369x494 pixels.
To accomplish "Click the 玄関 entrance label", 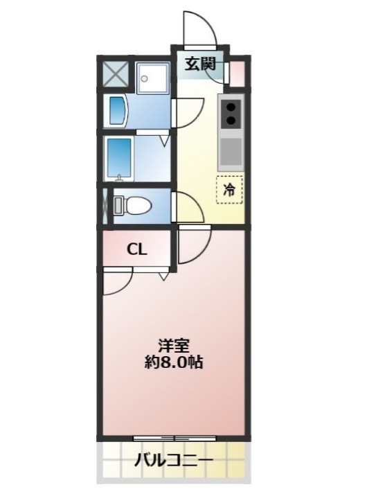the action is (x=200, y=64).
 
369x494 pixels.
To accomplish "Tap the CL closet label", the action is (x=136, y=250).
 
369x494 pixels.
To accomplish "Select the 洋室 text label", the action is (x=174, y=346).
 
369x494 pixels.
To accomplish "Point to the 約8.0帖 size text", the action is (x=174, y=362).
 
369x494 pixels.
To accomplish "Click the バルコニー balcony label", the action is (x=174, y=461).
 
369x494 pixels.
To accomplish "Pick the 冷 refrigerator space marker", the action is (x=229, y=190).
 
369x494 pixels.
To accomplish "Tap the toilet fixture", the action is (x=132, y=205).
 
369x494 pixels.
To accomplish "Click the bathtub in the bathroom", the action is (x=120, y=159).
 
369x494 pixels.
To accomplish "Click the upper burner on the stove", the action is (x=231, y=107).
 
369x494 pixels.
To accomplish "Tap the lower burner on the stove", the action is (x=231, y=120).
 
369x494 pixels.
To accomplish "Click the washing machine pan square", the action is (x=153, y=77).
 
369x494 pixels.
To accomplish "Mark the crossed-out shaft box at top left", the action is (x=116, y=74).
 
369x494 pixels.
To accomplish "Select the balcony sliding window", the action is (x=174, y=439).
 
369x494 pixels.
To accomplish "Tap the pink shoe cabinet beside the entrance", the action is (x=236, y=74).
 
